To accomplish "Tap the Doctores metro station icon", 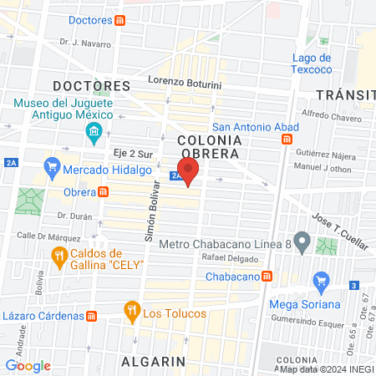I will tap(121, 21).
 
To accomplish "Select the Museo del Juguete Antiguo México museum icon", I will tap(94, 132).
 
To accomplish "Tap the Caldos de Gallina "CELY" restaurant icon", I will tap(58, 258).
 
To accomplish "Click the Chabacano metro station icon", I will tap(267, 275).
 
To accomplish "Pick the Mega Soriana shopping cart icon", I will tap(319, 282).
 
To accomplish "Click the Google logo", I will tap(28, 365).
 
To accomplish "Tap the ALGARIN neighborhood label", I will tap(152, 361).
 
